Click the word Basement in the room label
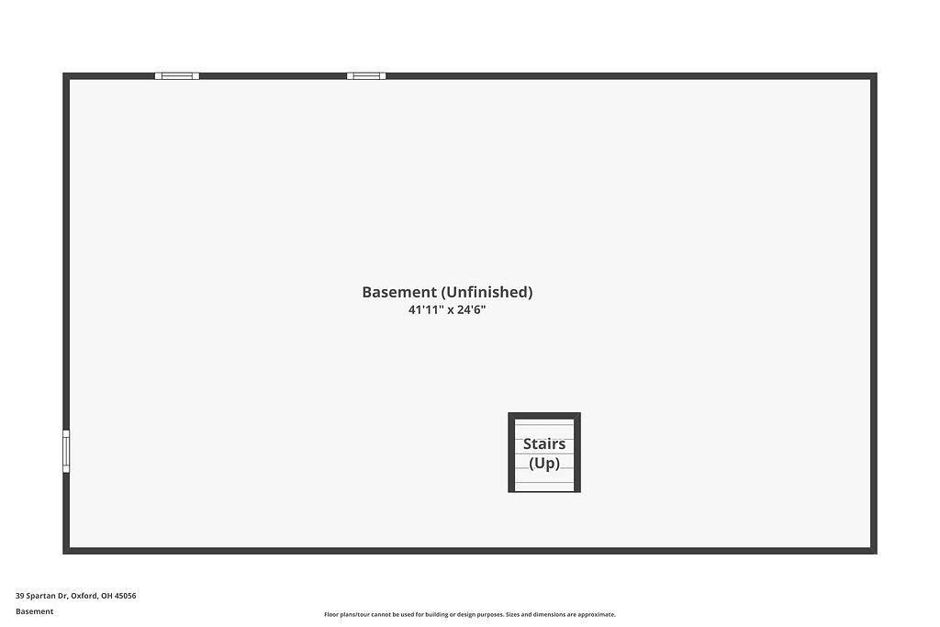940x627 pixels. pyautogui.click(x=399, y=292)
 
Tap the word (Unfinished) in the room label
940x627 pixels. pyautogui.click(x=487, y=292)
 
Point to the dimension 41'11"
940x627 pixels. pyautogui.click(x=426, y=310)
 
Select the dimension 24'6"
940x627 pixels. pyautogui.click(x=471, y=310)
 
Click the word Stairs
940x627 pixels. pyautogui.click(x=544, y=443)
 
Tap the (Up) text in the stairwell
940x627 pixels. pyautogui.click(x=544, y=464)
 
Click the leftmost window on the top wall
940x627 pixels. pyautogui.click(x=177, y=76)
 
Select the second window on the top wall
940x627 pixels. pyautogui.click(x=366, y=76)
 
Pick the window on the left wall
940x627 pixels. pyautogui.click(x=66, y=451)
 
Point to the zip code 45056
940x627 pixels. pyautogui.click(x=125, y=596)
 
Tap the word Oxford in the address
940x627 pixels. pyautogui.click(x=84, y=596)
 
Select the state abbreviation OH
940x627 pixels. pyautogui.click(x=106, y=596)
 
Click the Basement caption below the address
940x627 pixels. pyautogui.click(x=34, y=611)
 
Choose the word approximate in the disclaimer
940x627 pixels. pyautogui.click(x=596, y=614)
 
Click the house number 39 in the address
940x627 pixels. pyautogui.click(x=20, y=596)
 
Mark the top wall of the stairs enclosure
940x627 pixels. pyautogui.click(x=544, y=416)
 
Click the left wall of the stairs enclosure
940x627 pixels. pyautogui.click(x=511, y=453)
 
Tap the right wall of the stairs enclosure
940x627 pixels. pyautogui.click(x=577, y=453)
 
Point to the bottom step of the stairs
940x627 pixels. pyautogui.click(x=544, y=487)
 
